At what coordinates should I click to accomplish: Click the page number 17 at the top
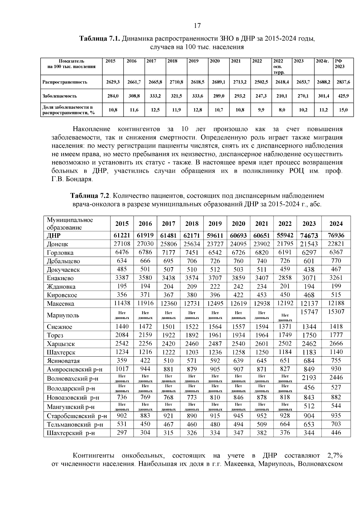[x=197, y=25]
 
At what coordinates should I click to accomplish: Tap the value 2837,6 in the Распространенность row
[x=343, y=82]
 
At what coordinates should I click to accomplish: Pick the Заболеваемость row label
[x=59, y=96]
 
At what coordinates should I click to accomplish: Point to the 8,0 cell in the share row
[x=282, y=110]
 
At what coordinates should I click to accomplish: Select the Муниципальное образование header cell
[x=70, y=224]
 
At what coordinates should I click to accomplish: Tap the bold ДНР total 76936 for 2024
[x=336, y=235]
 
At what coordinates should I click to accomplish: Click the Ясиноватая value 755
[x=336, y=361]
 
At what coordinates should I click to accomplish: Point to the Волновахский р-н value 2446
[x=336, y=378]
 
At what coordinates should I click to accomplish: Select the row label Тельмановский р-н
[x=75, y=425]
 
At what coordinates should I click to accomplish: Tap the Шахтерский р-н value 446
[x=336, y=433]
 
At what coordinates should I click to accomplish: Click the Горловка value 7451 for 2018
[x=192, y=253]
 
